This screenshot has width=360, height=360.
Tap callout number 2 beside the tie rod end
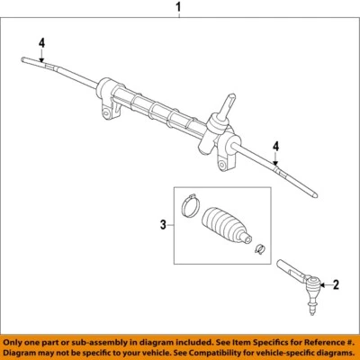pyautogui.click(x=336, y=285)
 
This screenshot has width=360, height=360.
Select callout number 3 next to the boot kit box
pyautogui.click(x=162, y=225)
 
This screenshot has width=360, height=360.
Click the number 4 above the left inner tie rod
pyautogui.click(x=40, y=41)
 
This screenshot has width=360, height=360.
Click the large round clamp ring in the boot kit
pyautogui.click(x=189, y=204)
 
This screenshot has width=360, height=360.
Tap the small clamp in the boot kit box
pyautogui.click(x=259, y=249)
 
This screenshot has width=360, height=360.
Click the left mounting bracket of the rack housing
pyautogui.click(x=111, y=112)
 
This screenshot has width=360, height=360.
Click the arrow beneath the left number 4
pyautogui.click(x=40, y=56)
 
